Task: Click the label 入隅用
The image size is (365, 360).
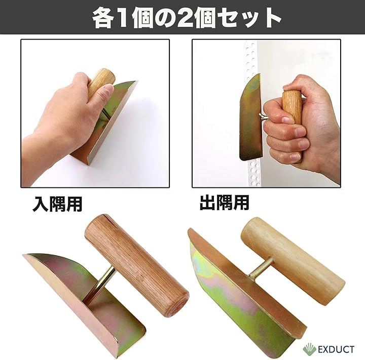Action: pos(57,204)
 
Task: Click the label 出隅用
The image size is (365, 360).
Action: pos(225,203)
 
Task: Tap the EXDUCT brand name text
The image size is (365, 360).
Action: pos(336,349)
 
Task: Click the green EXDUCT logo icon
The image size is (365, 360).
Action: pos(309,349)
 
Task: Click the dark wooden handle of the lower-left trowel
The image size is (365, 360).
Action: pos(137,265)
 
